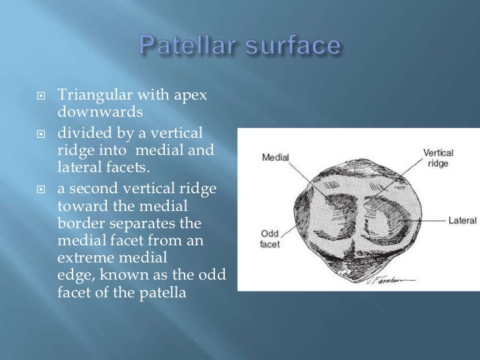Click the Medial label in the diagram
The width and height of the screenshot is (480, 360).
[x=275, y=157]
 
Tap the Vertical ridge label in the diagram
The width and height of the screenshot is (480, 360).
[x=438, y=157]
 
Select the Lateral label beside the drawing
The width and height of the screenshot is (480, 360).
[x=462, y=220]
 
